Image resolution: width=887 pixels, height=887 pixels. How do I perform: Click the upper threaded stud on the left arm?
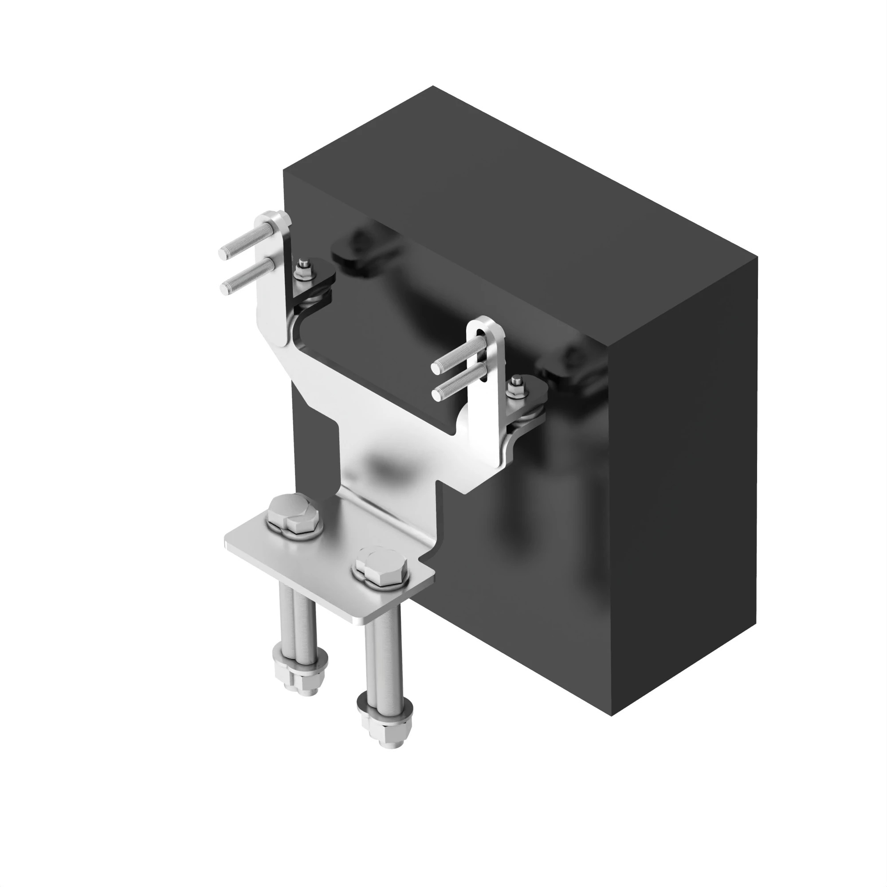click(x=243, y=242)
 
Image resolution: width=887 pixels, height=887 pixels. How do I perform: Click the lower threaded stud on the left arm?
click(x=246, y=278)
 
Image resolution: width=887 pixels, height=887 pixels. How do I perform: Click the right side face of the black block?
click(x=684, y=459)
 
